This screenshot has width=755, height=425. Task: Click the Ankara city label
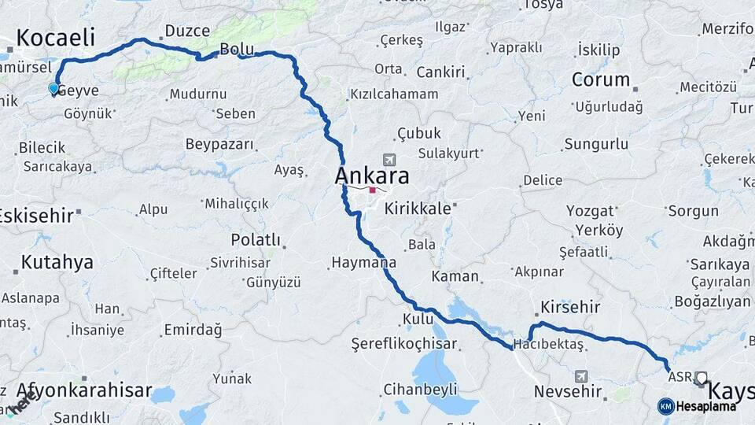point(372,175)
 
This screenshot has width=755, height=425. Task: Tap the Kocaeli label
point(55,37)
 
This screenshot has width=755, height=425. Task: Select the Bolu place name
point(236,49)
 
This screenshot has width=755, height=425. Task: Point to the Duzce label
point(187,31)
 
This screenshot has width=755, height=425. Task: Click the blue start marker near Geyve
point(53,89)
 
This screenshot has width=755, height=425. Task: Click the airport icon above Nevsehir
point(580,376)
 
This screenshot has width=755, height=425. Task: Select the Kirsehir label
point(570,307)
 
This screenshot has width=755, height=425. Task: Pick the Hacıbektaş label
point(548,345)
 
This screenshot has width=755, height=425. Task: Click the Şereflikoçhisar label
point(404,343)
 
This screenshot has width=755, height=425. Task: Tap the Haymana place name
point(363,263)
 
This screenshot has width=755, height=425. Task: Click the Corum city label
point(601,79)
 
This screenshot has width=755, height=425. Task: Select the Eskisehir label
point(38,215)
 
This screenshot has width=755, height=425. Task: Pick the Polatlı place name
point(256,239)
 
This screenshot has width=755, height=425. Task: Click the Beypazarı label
point(220,144)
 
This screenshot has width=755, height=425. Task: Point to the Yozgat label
point(589,211)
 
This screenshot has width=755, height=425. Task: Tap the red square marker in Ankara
point(372,190)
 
